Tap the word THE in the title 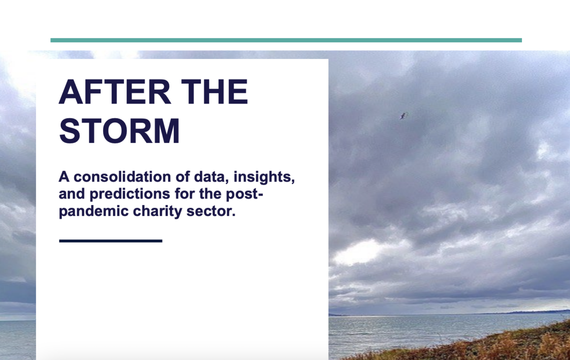(214, 92)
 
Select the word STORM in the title (119, 131)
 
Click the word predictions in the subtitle (130, 194)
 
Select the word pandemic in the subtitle (94, 212)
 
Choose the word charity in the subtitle (158, 212)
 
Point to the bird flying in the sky (404, 116)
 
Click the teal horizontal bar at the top (286, 40)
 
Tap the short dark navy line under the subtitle (111, 241)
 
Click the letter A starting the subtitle (64, 177)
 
